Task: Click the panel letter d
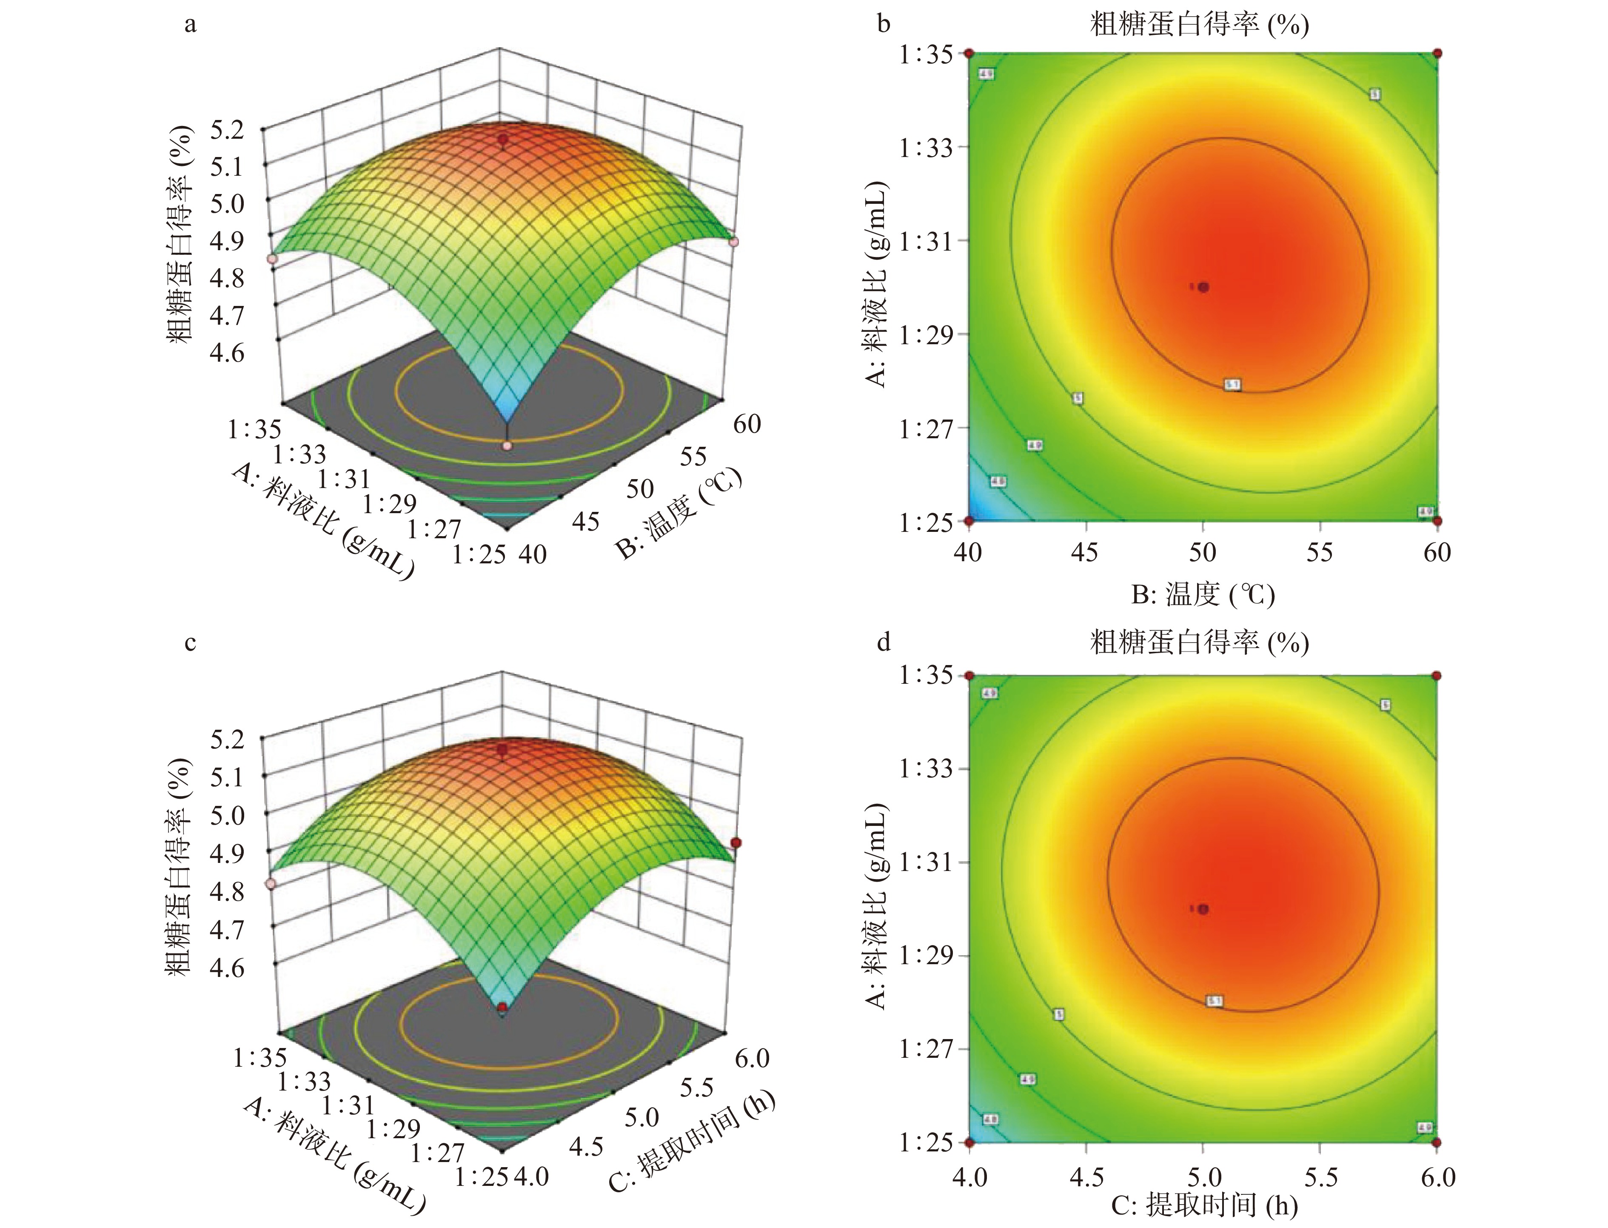(x=884, y=643)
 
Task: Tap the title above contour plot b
(x=1199, y=25)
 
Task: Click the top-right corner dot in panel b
(x=1437, y=53)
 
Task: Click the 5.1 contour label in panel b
(x=1232, y=385)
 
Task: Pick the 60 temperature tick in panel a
(x=747, y=424)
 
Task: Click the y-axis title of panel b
(x=877, y=285)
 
